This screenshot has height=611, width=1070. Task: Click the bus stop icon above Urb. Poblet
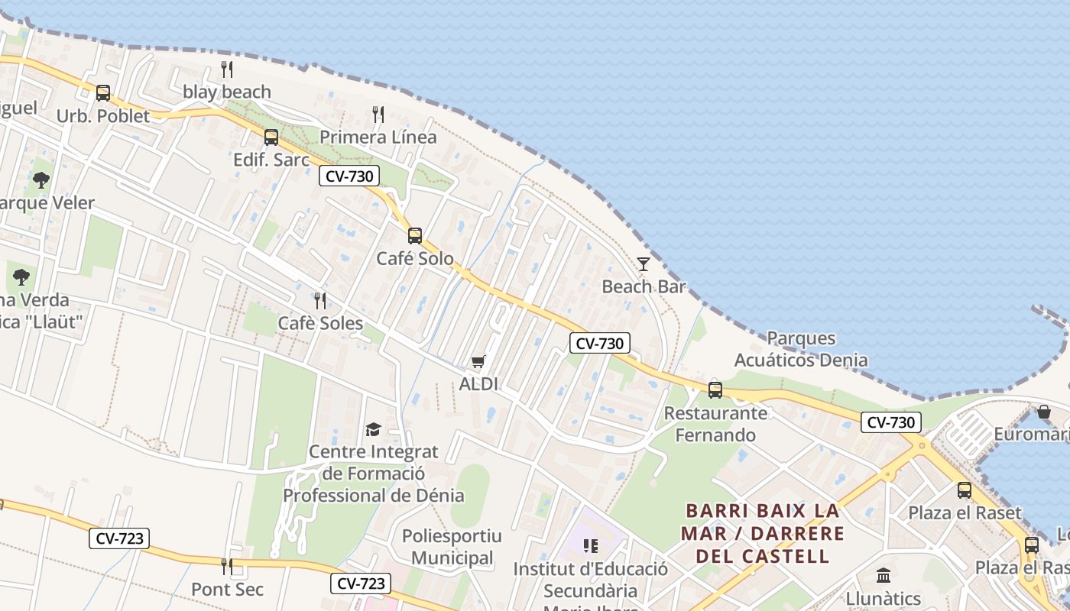coord(103,93)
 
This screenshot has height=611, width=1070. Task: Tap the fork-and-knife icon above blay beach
coord(227,70)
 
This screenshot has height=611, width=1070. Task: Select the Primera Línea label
coord(378,137)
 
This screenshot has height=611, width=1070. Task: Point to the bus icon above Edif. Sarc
coord(271,137)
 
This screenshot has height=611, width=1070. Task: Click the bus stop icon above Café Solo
coord(415,236)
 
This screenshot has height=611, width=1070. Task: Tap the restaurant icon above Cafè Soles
coord(320,301)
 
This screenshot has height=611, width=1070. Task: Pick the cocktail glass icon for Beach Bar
coord(644,264)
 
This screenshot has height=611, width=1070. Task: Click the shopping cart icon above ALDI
coord(478,361)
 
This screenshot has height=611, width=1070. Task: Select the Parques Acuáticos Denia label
coord(801,349)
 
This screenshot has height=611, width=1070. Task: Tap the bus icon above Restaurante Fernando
coord(715,390)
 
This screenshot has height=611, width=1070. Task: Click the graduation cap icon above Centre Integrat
coord(373,429)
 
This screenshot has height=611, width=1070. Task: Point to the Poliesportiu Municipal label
coord(452,547)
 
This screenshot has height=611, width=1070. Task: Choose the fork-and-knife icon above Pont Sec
coord(227,567)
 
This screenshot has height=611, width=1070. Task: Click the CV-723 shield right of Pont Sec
coord(361,584)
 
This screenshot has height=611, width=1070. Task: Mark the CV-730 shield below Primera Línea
coord(349,176)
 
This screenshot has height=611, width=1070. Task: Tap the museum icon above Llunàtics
coord(884,575)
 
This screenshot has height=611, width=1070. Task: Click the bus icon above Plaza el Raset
coord(965,490)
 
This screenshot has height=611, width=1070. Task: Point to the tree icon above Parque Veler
coord(41,180)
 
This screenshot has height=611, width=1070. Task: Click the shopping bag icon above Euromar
coord(1044,412)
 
